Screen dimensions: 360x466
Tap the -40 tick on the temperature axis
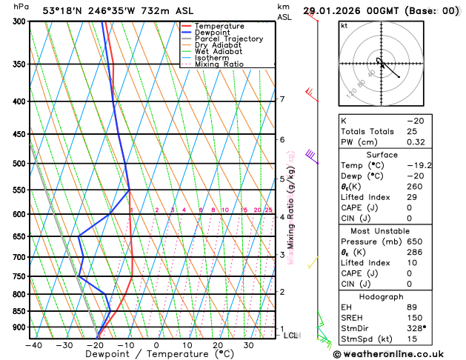pos(33,344)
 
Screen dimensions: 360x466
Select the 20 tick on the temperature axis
pos(218,344)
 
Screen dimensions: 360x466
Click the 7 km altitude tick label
pos(282,99)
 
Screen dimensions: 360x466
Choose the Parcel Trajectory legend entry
pos(228,39)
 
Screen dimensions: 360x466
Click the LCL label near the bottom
pos(291,336)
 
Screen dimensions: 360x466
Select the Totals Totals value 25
pos(412,131)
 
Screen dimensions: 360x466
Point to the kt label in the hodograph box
pos(344,26)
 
